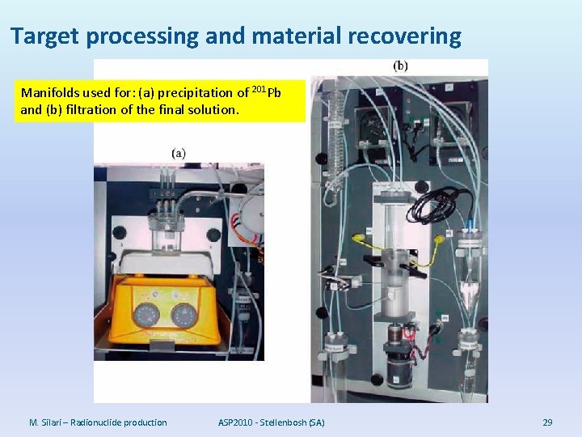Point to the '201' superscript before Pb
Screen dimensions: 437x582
[x=259, y=87]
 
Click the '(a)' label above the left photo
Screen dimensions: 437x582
[x=179, y=152]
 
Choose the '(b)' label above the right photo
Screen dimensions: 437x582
[x=400, y=66]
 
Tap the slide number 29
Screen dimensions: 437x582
[x=547, y=422]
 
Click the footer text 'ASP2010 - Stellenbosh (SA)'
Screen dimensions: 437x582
[x=272, y=422]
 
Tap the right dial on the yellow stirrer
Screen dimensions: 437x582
[x=185, y=313]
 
